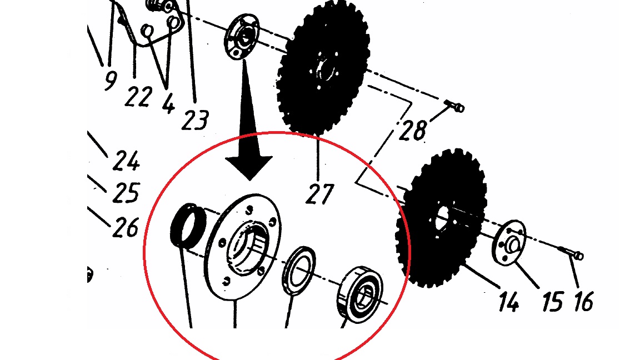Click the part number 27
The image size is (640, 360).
point(319,194)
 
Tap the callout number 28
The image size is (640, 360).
point(413,130)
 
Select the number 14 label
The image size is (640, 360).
point(508,302)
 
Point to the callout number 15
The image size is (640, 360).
point(553,302)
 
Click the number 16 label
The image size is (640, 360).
point(583,302)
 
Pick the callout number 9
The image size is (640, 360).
point(110,80)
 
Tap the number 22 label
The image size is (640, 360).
point(138,97)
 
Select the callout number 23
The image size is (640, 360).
point(195,120)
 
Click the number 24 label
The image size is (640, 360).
point(126,161)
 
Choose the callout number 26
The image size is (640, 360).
point(126,227)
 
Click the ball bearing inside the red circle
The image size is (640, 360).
point(359,294)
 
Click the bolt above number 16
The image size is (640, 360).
point(571,253)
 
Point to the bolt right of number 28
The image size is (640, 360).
point(453,106)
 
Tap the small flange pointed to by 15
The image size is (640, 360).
point(508,242)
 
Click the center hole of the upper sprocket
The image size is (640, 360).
point(326,68)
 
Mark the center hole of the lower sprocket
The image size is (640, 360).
point(442,218)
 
